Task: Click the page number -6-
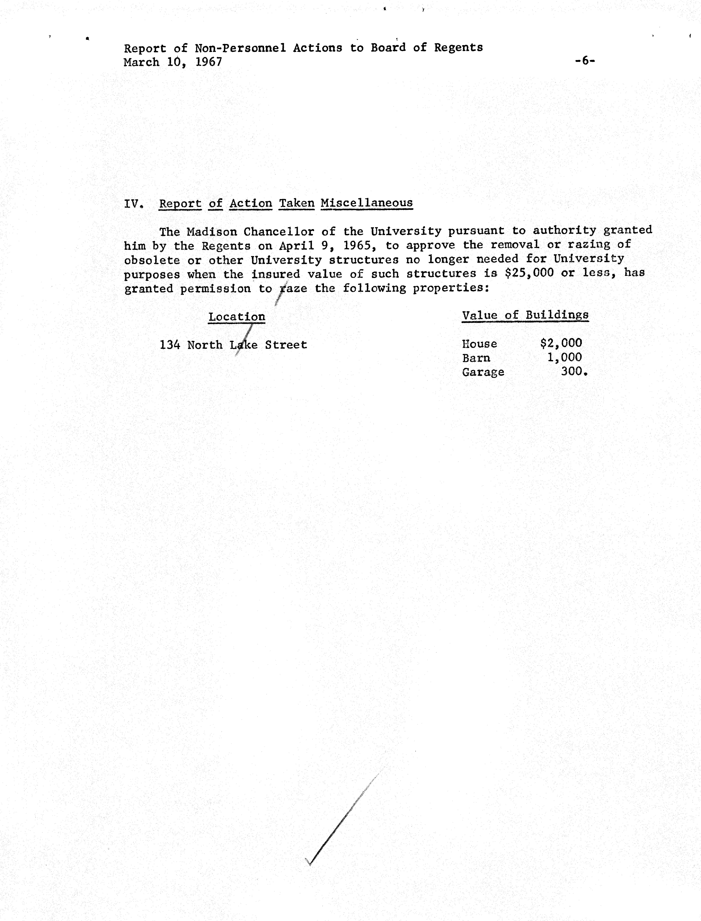coord(585,61)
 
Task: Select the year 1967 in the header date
coord(209,62)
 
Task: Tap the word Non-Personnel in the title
coord(240,48)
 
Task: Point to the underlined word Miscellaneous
coord(367,203)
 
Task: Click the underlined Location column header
coord(237,317)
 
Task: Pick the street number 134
coord(170,345)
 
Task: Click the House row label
coord(479,344)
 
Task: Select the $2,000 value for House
coord(561,343)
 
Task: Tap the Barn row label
coord(476,358)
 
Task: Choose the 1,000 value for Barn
coord(564,357)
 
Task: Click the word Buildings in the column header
coord(557,315)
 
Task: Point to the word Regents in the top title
coord(458,48)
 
